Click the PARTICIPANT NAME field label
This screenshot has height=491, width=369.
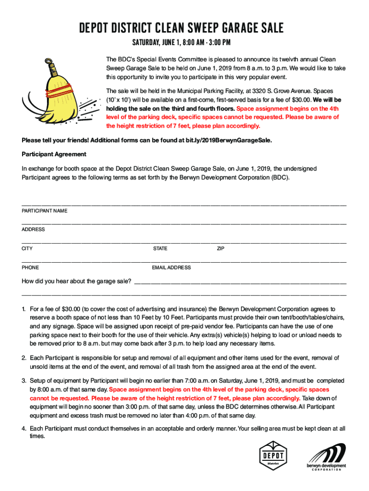coord(45,211)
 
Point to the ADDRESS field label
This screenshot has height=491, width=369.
coord(34,230)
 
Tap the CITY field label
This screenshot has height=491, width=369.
coord(27,249)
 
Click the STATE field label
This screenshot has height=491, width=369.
coord(160,249)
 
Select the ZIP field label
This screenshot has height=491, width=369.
coord(220,249)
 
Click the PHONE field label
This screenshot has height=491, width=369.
coord(30,268)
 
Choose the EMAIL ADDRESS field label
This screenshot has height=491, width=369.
coord(171,268)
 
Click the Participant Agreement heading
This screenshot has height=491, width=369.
coord(54,154)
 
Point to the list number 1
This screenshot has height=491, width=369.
coord(23,309)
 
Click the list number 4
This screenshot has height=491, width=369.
coord(23,429)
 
